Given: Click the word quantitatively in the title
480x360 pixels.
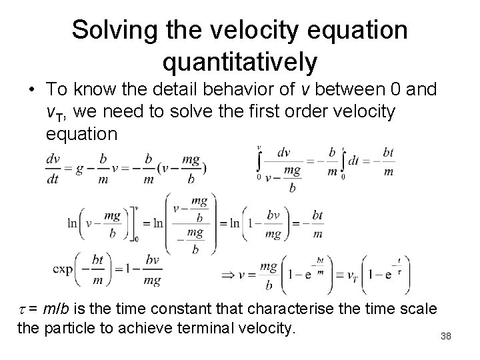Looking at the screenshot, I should coord(240,63).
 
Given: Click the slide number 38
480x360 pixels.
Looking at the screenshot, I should coord(446,336).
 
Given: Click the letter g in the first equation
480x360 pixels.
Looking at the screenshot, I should coord(79,169).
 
